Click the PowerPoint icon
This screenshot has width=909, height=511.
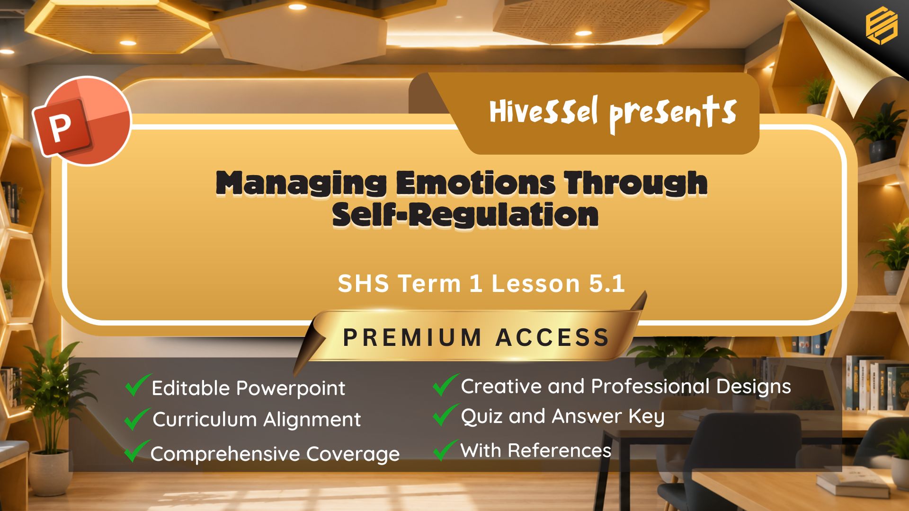[81, 121]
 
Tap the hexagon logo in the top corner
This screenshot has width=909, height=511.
[881, 26]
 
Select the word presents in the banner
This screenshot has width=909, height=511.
[673, 114]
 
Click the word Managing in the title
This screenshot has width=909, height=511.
[301, 184]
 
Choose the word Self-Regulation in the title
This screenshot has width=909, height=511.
[465, 215]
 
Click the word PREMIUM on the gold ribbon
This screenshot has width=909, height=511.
[412, 337]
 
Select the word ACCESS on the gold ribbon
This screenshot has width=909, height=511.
[553, 337]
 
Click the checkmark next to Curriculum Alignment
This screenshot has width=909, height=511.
[137, 419]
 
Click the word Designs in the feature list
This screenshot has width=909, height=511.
[753, 387]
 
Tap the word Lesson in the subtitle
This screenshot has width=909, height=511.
[535, 283]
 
